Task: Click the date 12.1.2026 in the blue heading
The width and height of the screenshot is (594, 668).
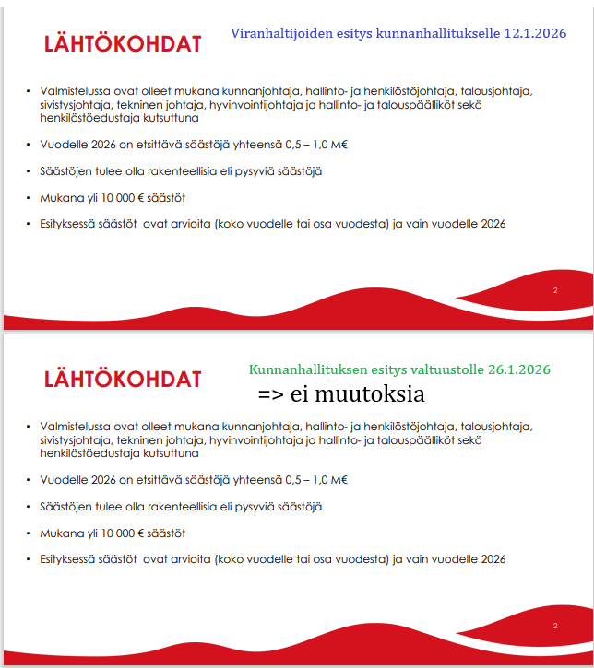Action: (535, 33)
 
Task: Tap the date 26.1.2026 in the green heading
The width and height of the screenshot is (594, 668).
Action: (518, 369)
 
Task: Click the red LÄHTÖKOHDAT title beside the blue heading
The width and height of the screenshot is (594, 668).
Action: (123, 44)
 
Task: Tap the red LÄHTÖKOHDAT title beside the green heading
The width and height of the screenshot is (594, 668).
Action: (123, 379)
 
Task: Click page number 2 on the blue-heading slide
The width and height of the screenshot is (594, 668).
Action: (555, 290)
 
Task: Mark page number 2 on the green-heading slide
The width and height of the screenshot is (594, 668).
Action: (555, 626)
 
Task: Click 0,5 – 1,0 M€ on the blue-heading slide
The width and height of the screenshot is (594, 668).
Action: (313, 145)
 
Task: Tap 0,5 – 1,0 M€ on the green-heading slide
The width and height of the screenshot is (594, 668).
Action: (313, 480)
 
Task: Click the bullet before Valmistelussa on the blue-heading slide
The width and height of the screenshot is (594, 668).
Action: (29, 91)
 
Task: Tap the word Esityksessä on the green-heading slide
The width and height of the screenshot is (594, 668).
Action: (70, 559)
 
